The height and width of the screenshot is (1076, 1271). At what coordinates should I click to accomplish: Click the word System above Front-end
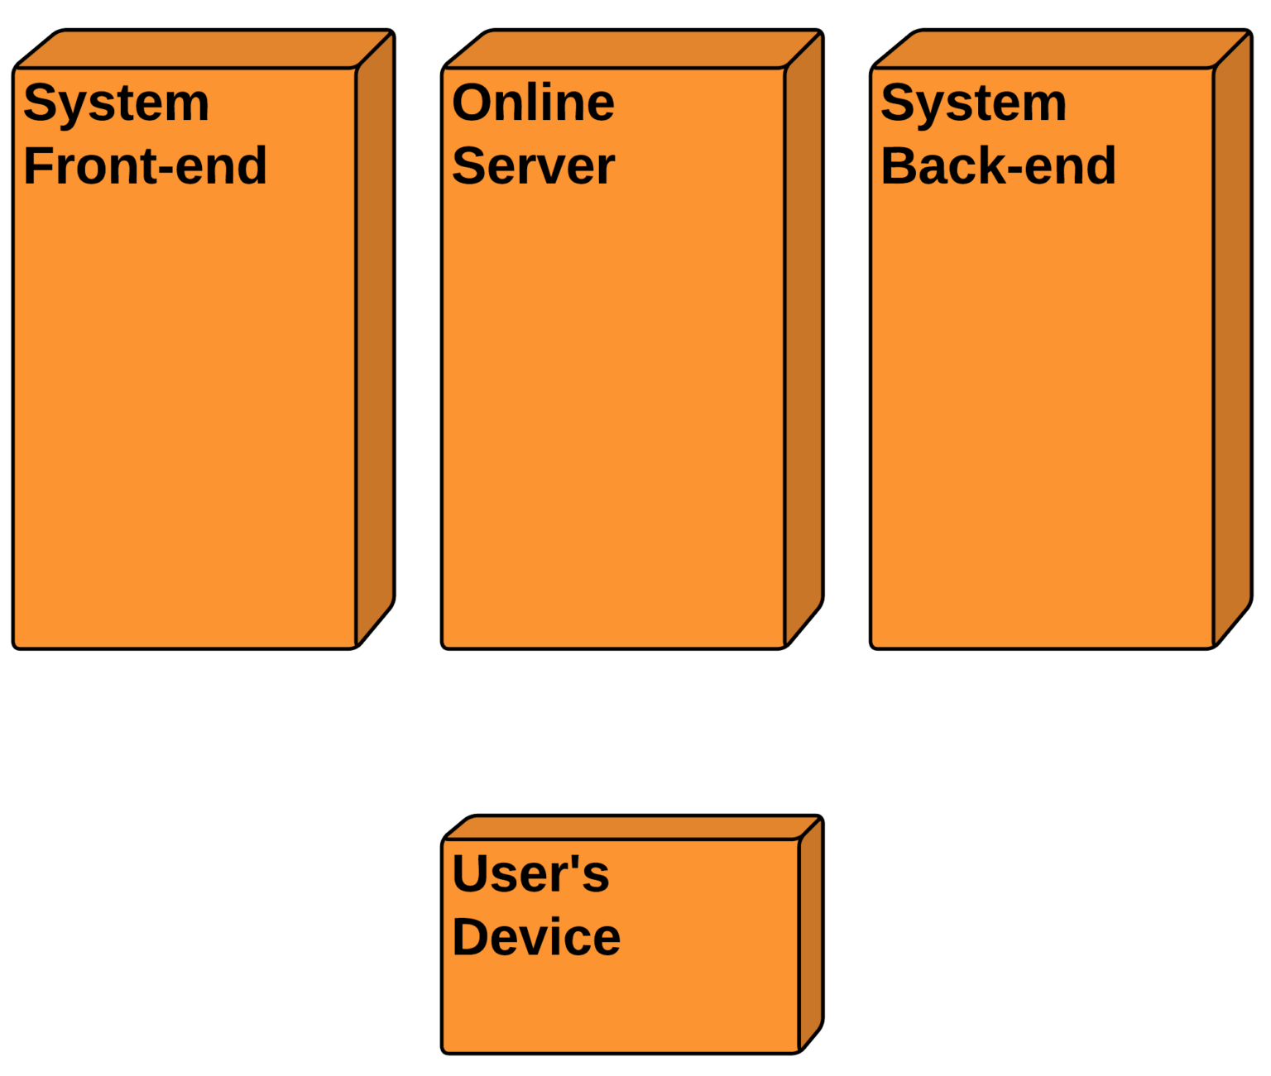pos(116,104)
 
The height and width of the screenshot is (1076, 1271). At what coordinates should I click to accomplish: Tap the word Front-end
pos(145,166)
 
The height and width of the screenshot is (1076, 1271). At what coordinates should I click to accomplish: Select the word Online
pos(533,103)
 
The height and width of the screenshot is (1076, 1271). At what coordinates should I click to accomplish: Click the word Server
pos(533,166)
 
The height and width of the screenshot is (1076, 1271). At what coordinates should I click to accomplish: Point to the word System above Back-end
pos(973,104)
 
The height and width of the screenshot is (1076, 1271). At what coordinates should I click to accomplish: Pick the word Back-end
pos(998,166)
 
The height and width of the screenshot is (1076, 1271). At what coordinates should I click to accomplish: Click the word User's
pos(530,873)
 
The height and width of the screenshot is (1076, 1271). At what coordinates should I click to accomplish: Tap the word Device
pos(535,937)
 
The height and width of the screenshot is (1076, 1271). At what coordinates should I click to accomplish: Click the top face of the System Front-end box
pos(203,50)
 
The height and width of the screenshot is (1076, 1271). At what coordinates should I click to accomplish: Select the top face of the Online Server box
pos(632,50)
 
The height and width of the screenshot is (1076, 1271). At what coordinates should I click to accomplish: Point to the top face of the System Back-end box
pos(1061,50)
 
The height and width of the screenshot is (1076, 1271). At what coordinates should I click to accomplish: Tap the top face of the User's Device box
pos(631,829)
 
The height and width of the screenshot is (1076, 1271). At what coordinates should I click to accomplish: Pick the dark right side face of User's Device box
pos(810,935)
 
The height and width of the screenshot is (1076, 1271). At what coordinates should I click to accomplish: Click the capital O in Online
pos(472,103)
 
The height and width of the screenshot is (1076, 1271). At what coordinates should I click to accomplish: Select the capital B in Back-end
pos(900,166)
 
